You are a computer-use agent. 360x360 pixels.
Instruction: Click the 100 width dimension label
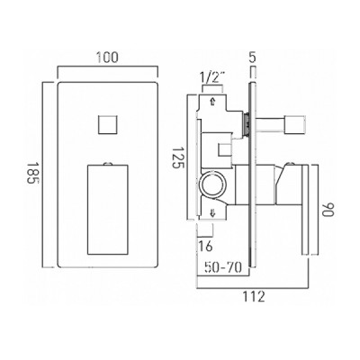107,58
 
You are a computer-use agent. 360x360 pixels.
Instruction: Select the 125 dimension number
177,157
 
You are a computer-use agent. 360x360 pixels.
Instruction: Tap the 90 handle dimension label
328,210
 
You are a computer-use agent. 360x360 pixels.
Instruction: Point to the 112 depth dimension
254,296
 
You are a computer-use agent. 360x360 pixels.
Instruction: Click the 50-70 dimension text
223,267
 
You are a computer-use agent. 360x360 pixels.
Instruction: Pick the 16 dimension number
205,246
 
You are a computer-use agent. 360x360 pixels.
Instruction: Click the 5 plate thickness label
253,57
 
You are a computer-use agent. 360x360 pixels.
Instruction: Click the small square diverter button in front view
107,124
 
